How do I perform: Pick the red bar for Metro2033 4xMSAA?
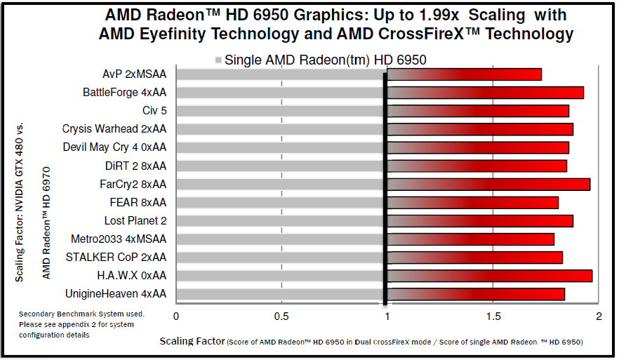point(471,239)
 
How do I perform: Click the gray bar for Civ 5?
point(280,111)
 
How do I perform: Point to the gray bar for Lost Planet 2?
point(280,221)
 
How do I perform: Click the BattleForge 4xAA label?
point(124,92)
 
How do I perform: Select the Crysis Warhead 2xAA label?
point(114,129)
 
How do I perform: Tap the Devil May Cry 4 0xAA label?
point(114,147)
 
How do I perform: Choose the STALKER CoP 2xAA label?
point(117,257)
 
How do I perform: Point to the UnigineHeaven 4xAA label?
point(116,293)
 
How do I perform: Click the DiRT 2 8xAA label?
point(135,166)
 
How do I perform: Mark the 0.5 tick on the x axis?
point(281,316)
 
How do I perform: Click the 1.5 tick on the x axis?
point(493,316)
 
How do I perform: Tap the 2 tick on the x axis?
point(599,316)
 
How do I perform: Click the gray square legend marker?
point(218,60)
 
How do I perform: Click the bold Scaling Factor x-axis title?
point(191,342)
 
